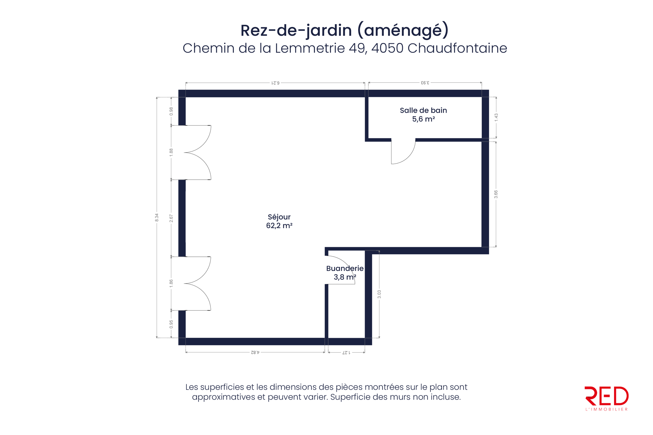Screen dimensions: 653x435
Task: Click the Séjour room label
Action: click(x=279, y=217)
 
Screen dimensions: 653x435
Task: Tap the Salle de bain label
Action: click(x=423, y=110)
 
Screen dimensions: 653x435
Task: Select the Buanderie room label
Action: click(x=345, y=268)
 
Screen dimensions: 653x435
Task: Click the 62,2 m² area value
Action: click(x=279, y=226)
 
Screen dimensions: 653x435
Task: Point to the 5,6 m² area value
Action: click(x=423, y=119)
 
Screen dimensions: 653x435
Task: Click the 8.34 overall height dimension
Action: click(x=157, y=217)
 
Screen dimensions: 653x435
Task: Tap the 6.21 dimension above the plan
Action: click(x=275, y=83)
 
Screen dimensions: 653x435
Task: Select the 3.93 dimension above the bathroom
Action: click(x=425, y=83)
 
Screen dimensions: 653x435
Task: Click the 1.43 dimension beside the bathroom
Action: click(x=496, y=118)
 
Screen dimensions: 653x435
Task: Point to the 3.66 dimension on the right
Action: click(x=496, y=194)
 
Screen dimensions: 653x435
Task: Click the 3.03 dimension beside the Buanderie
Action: click(x=379, y=294)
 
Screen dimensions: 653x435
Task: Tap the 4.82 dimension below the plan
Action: click(x=255, y=352)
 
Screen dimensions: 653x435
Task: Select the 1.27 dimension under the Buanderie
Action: click(x=346, y=352)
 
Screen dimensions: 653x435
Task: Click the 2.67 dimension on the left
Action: click(x=171, y=218)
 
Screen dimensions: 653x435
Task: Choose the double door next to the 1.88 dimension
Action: click(x=197, y=153)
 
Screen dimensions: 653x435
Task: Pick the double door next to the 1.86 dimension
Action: click(x=197, y=284)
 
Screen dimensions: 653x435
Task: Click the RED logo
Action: click(x=606, y=398)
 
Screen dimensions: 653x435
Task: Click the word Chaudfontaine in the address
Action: click(x=457, y=48)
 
